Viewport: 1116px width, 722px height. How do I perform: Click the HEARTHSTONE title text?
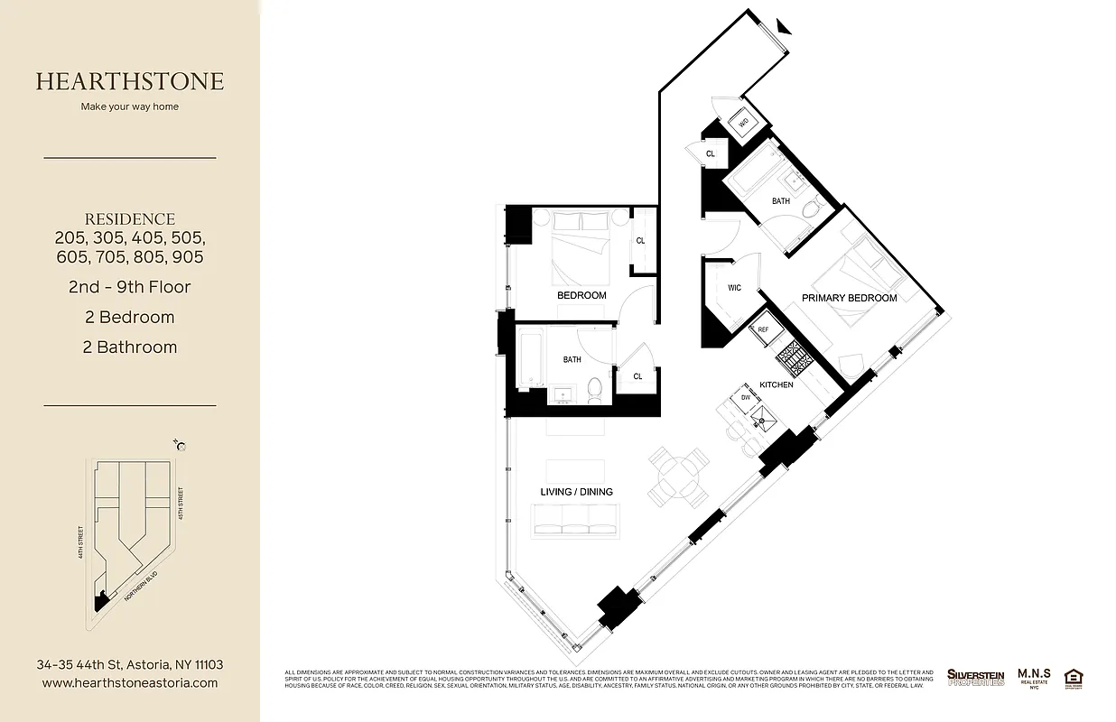pyautogui.click(x=130, y=81)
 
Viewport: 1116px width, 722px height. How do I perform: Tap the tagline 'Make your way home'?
pyautogui.click(x=130, y=106)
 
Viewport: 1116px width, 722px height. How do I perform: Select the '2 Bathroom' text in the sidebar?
pyautogui.click(x=130, y=347)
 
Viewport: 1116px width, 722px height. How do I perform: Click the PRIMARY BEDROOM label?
pyautogui.click(x=849, y=298)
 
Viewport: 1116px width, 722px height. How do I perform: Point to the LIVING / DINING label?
pyautogui.click(x=576, y=492)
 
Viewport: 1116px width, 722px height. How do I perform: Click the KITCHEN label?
pyautogui.click(x=777, y=384)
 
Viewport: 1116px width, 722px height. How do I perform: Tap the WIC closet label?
pyautogui.click(x=734, y=288)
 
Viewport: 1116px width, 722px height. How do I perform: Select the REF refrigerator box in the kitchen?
pyautogui.click(x=763, y=330)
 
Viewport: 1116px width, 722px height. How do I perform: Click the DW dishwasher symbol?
pyautogui.click(x=746, y=397)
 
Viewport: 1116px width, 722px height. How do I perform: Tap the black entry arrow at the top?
pyautogui.click(x=782, y=26)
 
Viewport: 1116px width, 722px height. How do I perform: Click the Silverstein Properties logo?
pyautogui.click(x=975, y=677)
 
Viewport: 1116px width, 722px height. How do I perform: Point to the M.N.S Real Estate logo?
pyautogui.click(x=1034, y=677)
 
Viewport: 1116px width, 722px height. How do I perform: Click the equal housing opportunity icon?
pyautogui.click(x=1074, y=678)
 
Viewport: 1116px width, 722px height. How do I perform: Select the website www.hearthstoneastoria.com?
pyautogui.click(x=130, y=683)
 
